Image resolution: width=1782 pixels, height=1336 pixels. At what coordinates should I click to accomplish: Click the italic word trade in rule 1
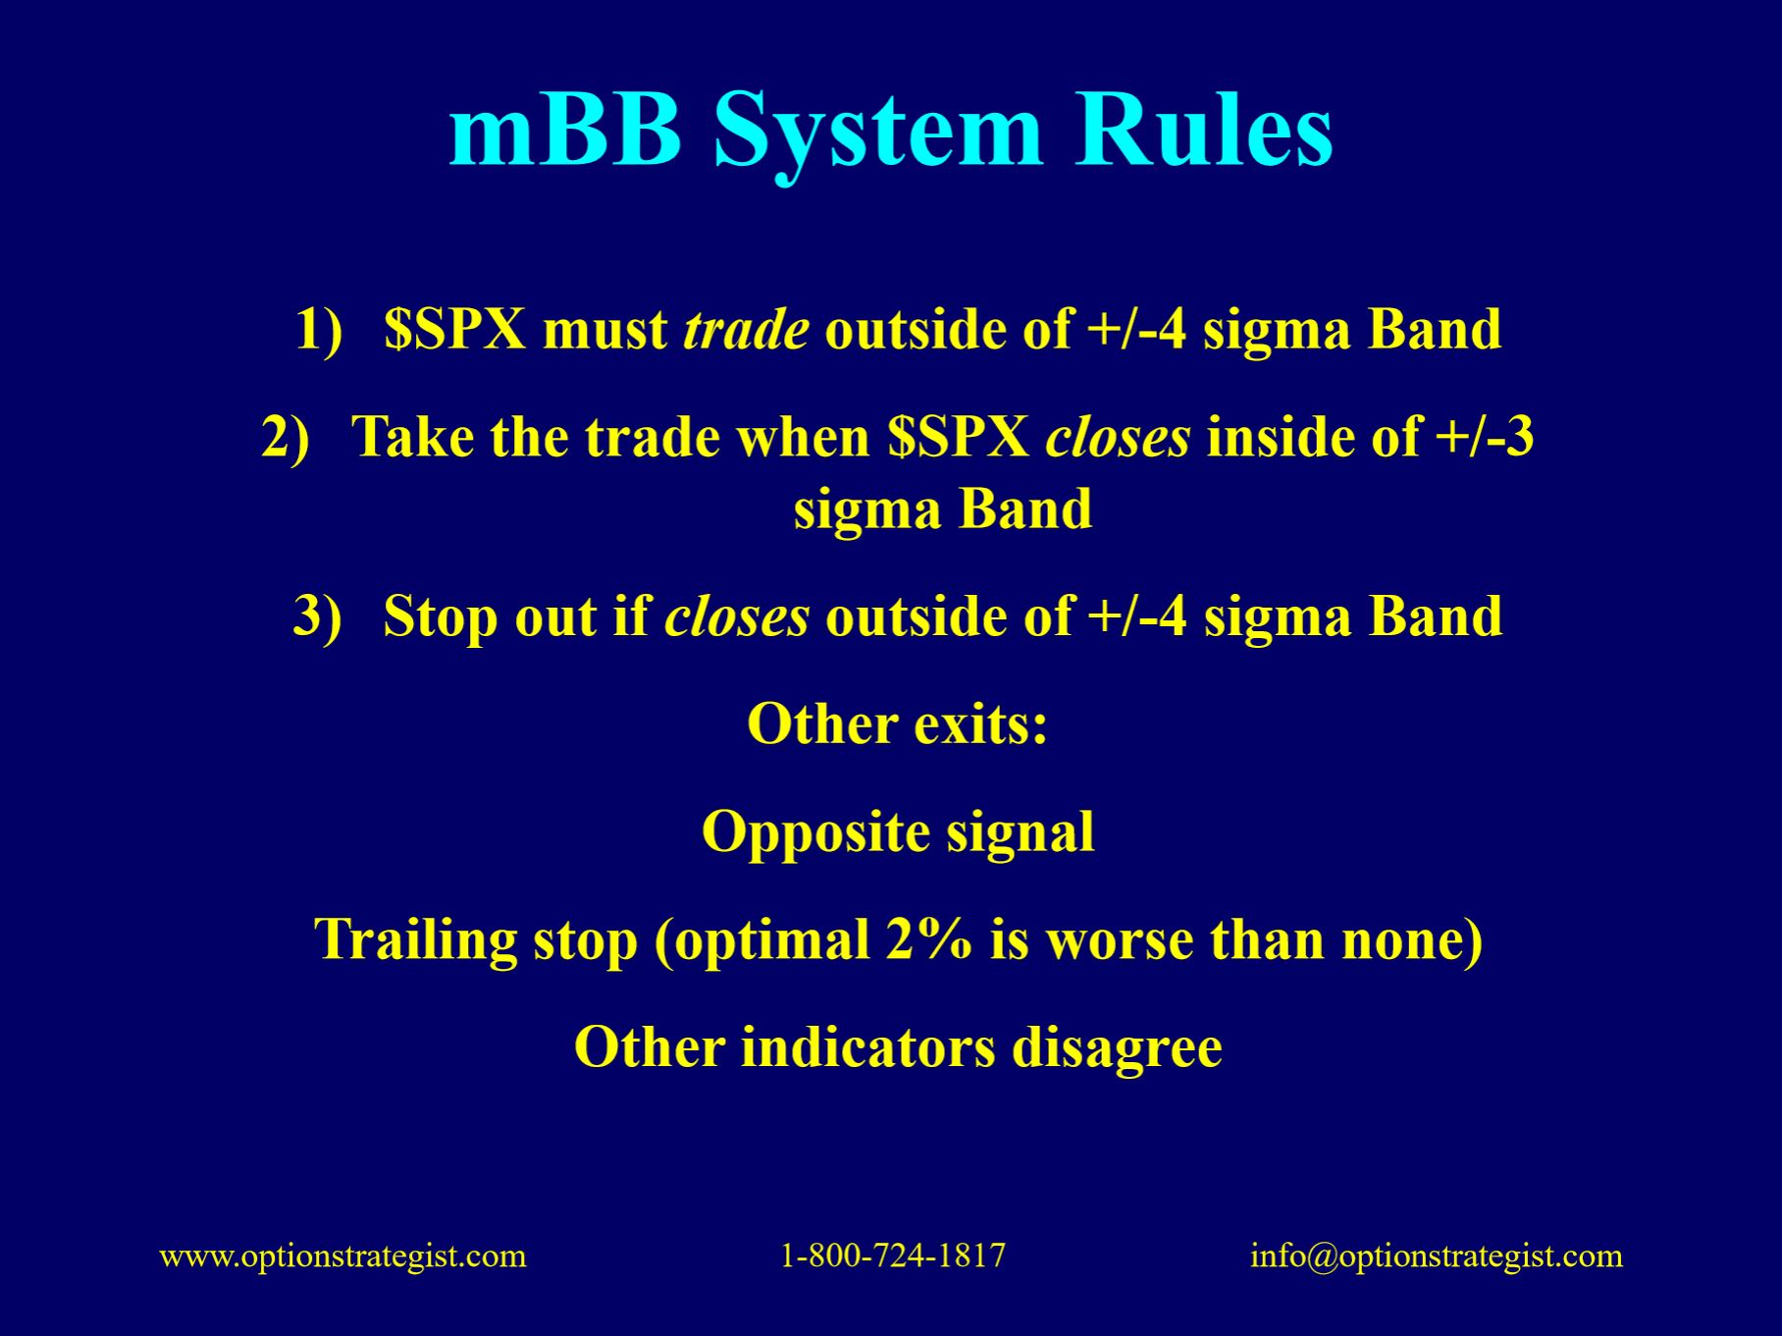click(x=746, y=329)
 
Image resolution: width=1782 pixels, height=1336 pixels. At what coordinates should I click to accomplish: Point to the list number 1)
click(x=320, y=329)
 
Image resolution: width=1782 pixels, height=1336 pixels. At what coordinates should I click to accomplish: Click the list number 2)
click(x=286, y=437)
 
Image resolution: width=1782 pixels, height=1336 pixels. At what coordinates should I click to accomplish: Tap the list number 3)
click(x=318, y=616)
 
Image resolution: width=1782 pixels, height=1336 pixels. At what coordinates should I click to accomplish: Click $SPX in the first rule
click(x=455, y=329)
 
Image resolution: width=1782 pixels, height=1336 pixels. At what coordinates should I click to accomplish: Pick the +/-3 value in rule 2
click(x=1485, y=437)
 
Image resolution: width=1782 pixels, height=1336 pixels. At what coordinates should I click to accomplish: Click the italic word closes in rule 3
click(x=737, y=616)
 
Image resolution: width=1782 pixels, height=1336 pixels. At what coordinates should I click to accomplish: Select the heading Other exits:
click(x=898, y=724)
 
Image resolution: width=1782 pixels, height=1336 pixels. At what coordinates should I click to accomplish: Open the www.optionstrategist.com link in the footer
click(x=343, y=1256)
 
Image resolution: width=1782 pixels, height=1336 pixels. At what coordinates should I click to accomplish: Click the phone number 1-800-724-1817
click(x=893, y=1256)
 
